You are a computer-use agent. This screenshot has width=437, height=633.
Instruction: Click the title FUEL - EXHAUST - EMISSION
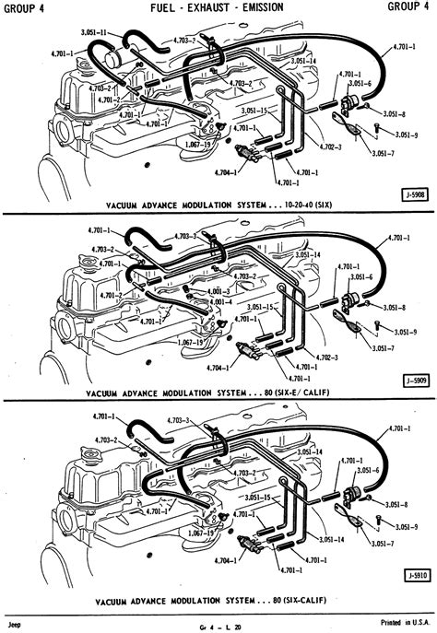pos(218,7)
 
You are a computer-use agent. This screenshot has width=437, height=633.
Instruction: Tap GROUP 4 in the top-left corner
pos(29,7)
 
